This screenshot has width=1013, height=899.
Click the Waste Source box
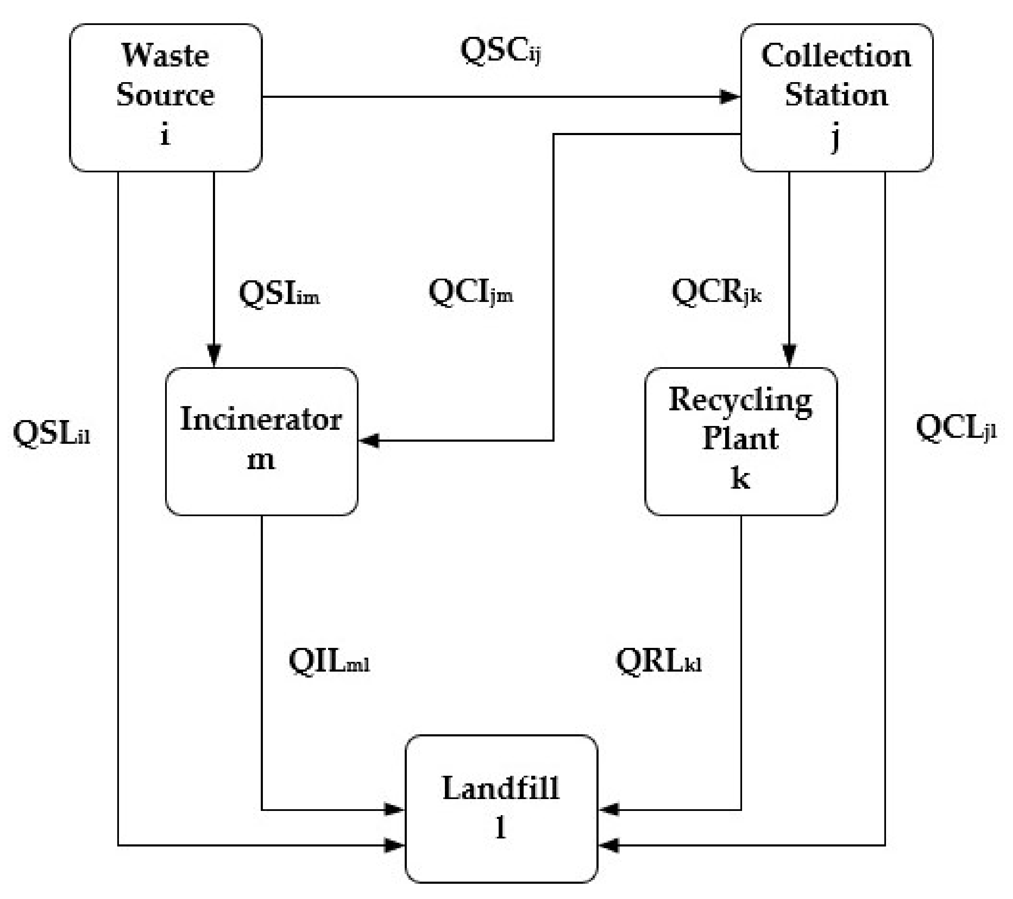[x=165, y=98]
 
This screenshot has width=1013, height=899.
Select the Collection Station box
[x=836, y=98]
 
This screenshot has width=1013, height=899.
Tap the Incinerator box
[x=261, y=441]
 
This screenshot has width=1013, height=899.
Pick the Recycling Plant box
[x=740, y=441]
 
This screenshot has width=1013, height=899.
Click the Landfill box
[x=501, y=808]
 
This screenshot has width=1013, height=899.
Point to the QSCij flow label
[x=500, y=51]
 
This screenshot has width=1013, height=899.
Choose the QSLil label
[x=51, y=433]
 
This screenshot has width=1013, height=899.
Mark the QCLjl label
[x=955, y=428]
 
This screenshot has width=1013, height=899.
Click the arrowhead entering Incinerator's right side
[x=369, y=440]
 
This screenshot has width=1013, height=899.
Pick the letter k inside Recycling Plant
[x=740, y=479]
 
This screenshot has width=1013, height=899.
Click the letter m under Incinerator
[x=261, y=460]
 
